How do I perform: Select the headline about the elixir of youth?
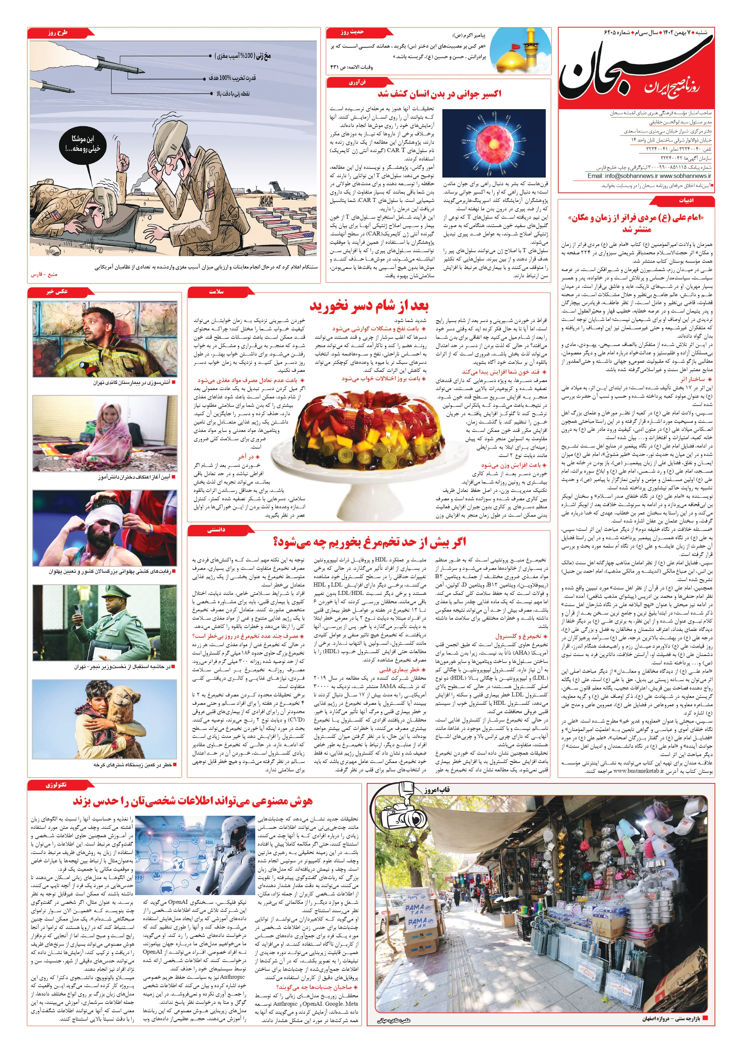[439, 94]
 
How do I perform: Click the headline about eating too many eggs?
[370, 542]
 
